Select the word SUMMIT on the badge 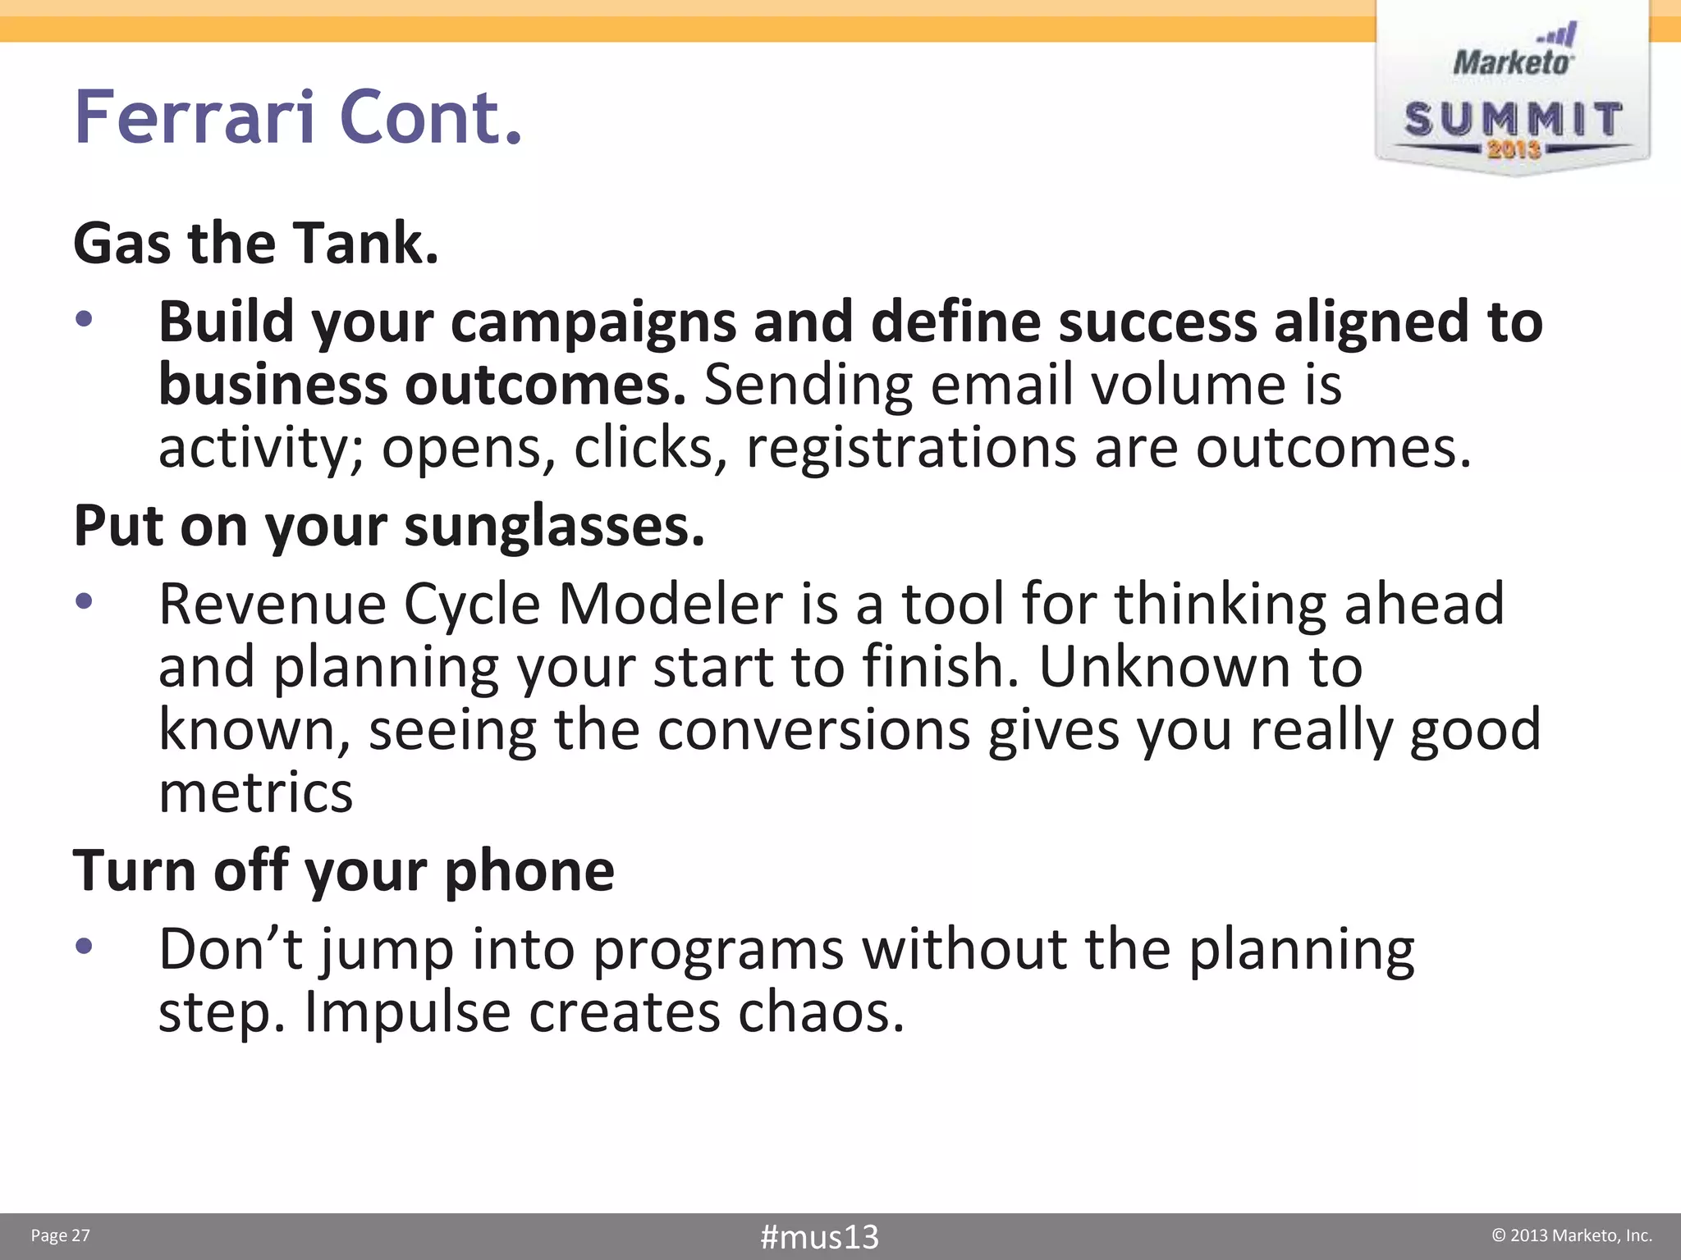(x=1514, y=120)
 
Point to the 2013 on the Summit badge (x=1514, y=149)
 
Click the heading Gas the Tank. (x=256, y=244)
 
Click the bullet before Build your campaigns (x=84, y=318)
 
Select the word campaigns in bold (x=593, y=322)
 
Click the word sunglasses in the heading (x=554, y=526)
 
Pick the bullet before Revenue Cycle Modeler (x=84, y=601)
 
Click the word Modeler (x=671, y=604)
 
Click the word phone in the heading (x=529, y=870)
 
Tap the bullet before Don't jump (x=84, y=947)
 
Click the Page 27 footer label (x=60, y=1235)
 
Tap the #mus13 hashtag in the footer (x=819, y=1236)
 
